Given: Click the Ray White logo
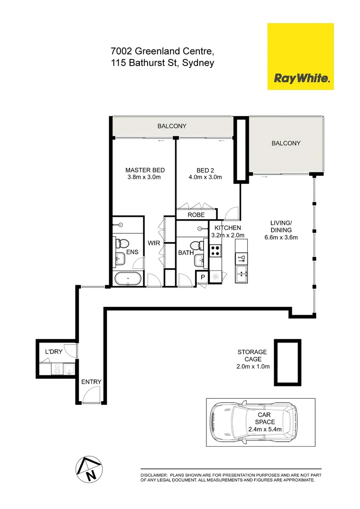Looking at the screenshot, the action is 300,57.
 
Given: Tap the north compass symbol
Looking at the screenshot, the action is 89,470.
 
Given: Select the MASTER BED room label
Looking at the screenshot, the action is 145,170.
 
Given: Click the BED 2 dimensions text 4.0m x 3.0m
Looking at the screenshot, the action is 205,177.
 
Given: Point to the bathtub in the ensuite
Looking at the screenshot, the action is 128,279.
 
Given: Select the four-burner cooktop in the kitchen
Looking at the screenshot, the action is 215,250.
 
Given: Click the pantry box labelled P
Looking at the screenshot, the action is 203,277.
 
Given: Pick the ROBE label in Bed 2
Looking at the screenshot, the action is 196,215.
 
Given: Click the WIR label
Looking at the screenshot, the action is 154,243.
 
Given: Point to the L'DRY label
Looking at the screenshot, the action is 54,352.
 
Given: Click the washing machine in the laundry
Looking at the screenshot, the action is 57,369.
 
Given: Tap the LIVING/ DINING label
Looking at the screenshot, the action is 281,227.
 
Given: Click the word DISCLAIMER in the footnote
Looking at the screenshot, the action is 154,475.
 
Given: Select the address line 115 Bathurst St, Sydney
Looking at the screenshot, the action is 163,63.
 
